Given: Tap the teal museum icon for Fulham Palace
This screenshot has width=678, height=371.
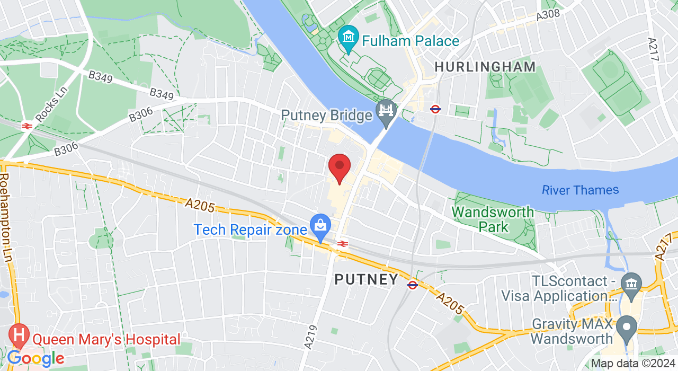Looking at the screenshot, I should [x=349, y=38].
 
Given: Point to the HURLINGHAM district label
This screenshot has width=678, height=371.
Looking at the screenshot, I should [x=485, y=67].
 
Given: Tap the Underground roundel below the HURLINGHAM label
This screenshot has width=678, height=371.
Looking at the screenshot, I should [x=435, y=109].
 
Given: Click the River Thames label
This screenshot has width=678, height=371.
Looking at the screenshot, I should [x=580, y=190].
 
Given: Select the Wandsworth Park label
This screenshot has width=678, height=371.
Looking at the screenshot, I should [x=493, y=219].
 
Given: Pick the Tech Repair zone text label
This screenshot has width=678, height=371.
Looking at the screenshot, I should [x=251, y=230].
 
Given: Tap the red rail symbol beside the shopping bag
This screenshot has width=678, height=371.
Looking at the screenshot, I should [x=342, y=244].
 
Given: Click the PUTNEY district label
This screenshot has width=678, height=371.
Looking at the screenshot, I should [x=366, y=279].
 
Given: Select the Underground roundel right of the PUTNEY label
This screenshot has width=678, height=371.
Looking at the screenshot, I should [x=413, y=285].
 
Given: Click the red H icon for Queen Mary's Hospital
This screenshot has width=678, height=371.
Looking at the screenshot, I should [x=20, y=334].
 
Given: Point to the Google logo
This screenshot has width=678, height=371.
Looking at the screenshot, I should [x=35, y=359].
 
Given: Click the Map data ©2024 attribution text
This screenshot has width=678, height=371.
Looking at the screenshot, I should [x=634, y=364].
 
